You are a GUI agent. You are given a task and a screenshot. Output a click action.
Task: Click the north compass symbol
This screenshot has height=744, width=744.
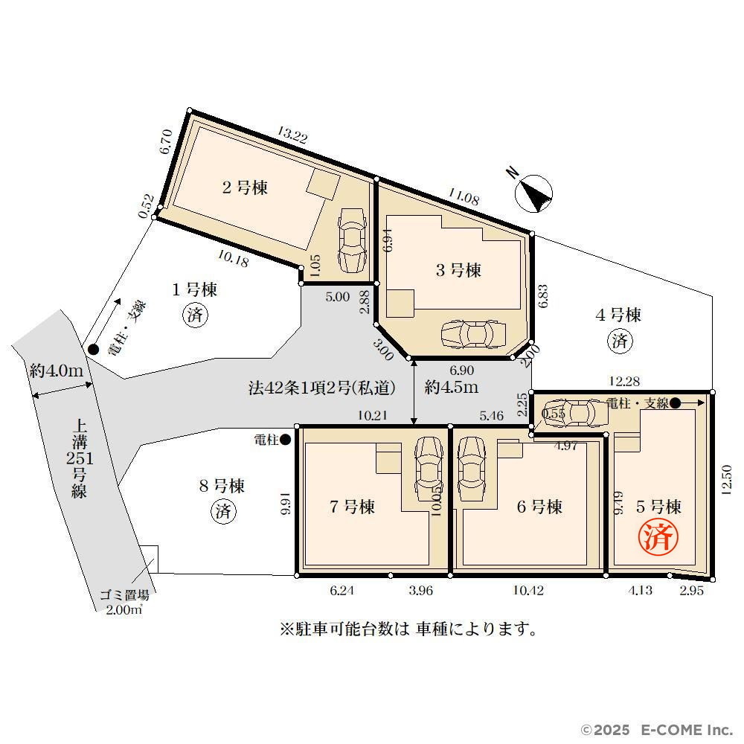(533, 193)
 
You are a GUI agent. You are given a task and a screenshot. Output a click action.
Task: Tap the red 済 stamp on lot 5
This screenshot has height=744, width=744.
(658, 536)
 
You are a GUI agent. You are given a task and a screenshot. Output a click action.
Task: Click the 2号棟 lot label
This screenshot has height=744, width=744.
(245, 187)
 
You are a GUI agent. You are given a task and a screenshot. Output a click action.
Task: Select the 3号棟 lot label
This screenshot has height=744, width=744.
(458, 270)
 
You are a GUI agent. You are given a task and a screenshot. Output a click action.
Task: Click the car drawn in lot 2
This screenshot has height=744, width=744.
(353, 241)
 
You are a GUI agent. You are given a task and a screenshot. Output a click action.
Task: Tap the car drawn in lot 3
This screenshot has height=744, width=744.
(473, 335)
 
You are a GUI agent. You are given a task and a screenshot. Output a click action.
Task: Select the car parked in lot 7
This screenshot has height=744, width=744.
(429, 468)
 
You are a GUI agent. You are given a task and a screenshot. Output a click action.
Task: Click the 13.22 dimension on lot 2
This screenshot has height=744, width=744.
(292, 135)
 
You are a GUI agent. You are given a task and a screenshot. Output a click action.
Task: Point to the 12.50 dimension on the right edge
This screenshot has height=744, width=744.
(726, 480)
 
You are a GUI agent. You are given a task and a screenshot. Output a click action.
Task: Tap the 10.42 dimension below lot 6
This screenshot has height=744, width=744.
(528, 590)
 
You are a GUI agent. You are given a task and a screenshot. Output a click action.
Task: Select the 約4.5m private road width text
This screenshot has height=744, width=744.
(452, 387)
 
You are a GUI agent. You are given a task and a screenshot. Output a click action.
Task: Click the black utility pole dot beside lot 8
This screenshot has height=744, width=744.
(285, 440)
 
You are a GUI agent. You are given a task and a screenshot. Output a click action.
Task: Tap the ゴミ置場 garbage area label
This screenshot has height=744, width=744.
(124, 595)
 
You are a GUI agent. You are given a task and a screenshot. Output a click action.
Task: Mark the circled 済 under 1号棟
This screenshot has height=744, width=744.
(195, 315)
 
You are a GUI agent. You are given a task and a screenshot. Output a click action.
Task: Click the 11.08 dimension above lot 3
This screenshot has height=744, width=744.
(464, 196)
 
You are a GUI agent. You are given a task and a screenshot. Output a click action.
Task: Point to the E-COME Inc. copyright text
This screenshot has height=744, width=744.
(657, 730)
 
